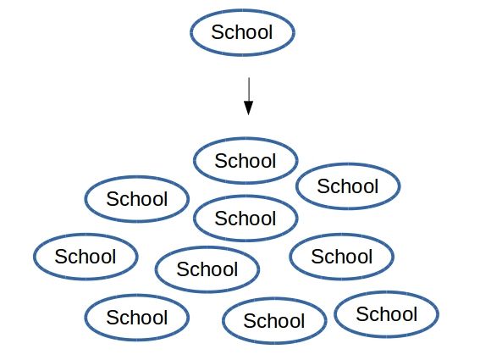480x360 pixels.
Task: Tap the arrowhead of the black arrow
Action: coord(248,108)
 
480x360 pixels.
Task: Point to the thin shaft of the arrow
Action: coord(249,89)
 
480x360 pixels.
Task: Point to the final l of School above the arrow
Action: coord(270,31)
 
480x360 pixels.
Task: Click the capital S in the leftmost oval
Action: coord(61,257)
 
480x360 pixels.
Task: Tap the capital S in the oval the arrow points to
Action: coord(221,161)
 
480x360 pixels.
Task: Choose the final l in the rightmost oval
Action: coord(415,313)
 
